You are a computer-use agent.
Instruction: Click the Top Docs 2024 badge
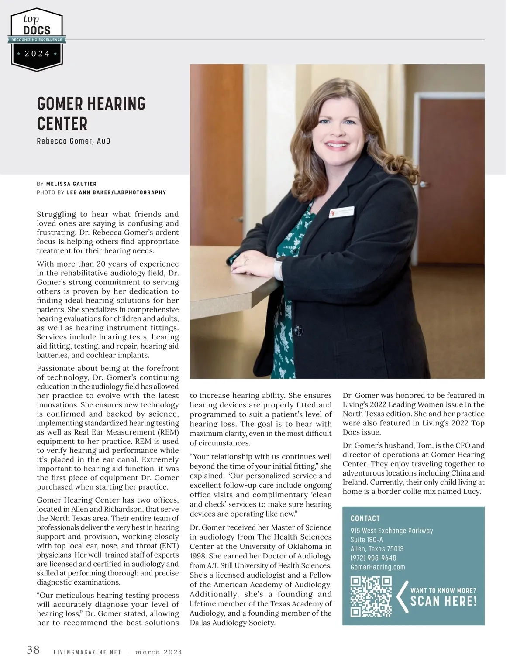click(37, 39)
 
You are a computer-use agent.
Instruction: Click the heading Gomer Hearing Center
click(91, 113)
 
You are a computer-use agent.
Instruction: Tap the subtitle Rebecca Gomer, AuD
click(73, 141)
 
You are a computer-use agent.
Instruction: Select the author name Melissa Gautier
click(71, 184)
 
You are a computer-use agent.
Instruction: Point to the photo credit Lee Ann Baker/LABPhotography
click(116, 192)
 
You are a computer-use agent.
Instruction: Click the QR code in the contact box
click(371, 596)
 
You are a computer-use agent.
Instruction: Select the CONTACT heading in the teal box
click(365, 518)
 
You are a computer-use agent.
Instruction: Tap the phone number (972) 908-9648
click(373, 558)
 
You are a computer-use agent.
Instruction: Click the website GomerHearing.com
click(378, 567)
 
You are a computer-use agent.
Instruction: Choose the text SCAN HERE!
click(443, 601)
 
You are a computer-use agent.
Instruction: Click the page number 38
click(33, 650)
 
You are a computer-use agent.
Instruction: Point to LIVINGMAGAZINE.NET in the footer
click(87, 653)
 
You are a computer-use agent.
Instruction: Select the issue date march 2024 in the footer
click(159, 653)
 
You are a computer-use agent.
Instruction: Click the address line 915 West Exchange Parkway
click(392, 531)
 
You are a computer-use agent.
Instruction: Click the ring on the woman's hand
click(246, 260)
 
